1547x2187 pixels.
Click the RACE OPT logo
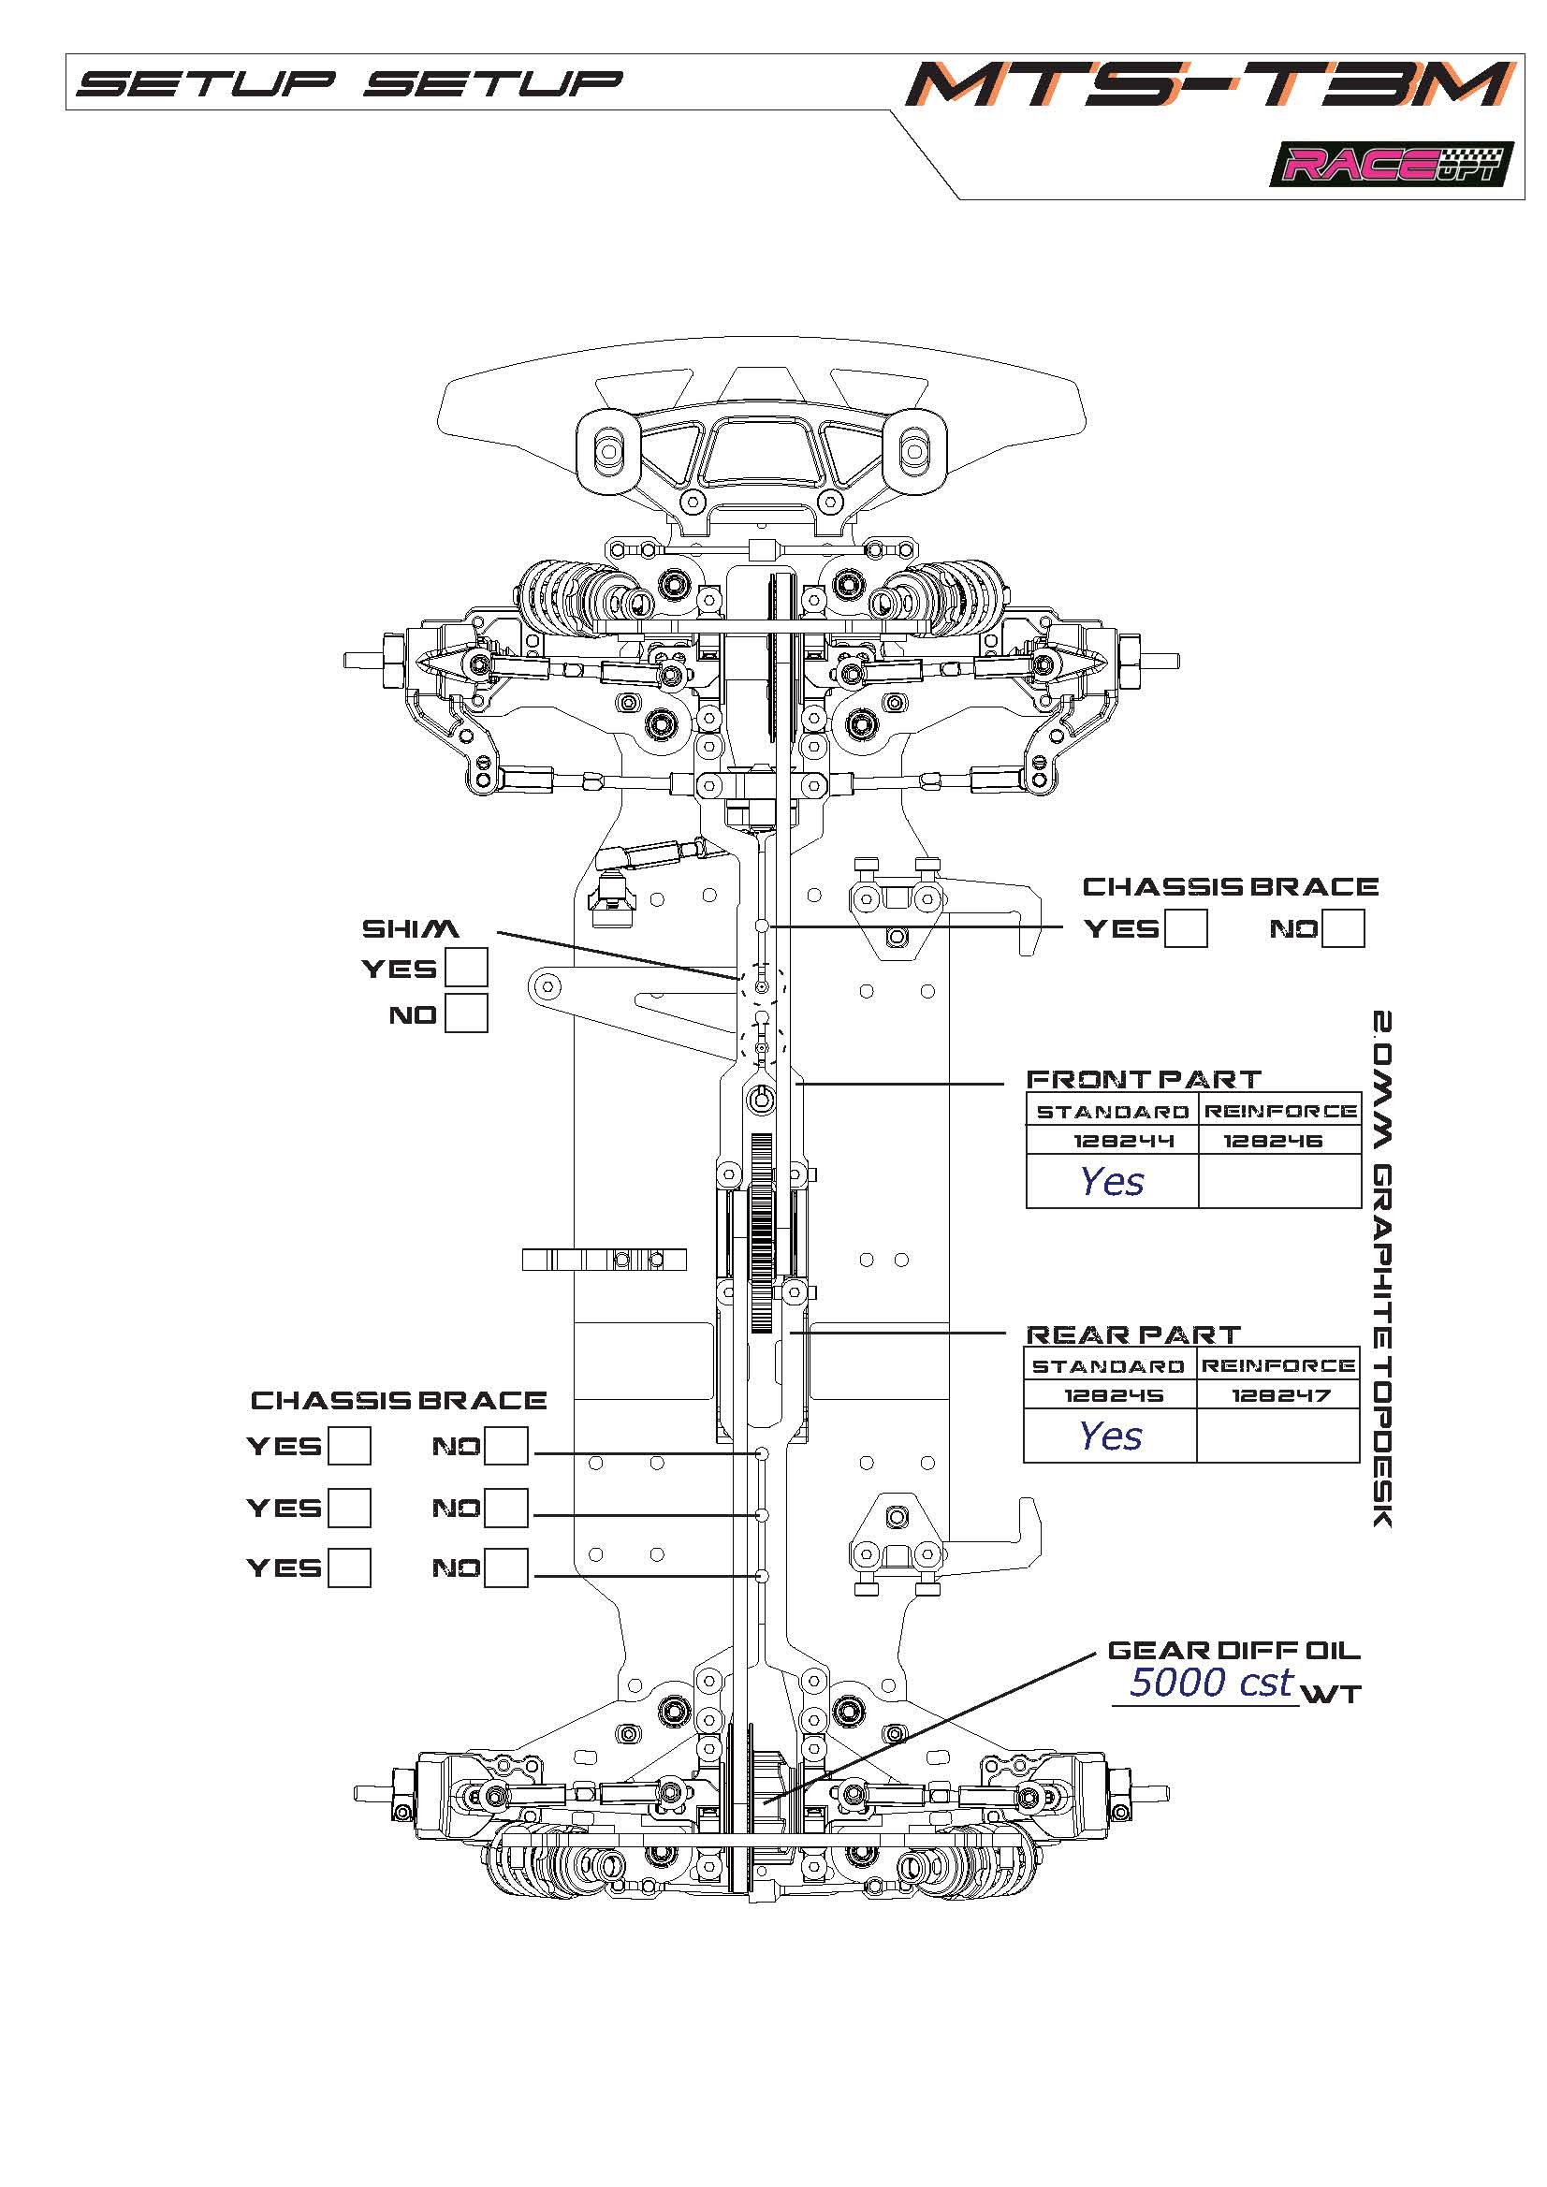(1390, 165)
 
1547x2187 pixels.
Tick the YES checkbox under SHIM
(467, 967)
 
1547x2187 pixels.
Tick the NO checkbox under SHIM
(467, 1013)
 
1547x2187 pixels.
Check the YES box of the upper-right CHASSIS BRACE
(1186, 927)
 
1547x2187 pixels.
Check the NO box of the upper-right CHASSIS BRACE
(1344, 927)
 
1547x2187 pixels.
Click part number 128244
(1111, 1140)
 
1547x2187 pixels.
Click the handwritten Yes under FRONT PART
(1112, 1181)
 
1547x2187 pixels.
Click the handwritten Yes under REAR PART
(1110, 1436)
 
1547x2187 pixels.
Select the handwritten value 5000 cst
(1210, 1684)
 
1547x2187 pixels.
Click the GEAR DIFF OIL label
(1233, 1651)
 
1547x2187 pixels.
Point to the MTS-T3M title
(1210, 83)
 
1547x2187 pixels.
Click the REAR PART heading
(1132, 1334)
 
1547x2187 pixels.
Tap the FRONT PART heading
(1143, 1079)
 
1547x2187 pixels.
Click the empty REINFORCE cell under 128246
(1278, 1181)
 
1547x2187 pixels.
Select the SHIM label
(410, 928)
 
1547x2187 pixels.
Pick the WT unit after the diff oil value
(1332, 1694)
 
